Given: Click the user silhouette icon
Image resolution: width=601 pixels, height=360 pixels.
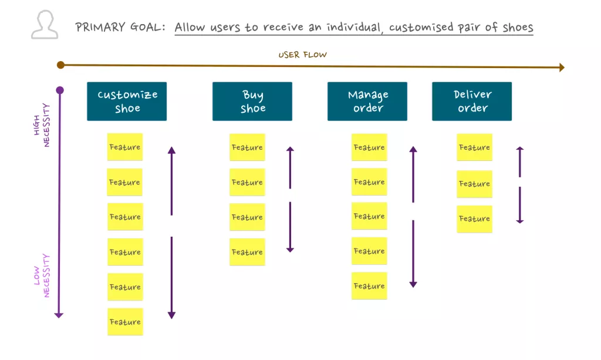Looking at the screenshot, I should (x=44, y=25).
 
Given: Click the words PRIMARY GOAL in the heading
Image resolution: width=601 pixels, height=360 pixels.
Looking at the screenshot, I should (x=121, y=28).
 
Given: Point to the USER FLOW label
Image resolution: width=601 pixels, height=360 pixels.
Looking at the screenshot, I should (x=302, y=55).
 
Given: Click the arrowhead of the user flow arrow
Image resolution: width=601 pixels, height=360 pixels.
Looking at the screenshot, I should (x=561, y=68).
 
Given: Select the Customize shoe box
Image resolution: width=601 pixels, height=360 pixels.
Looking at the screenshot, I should (x=127, y=101).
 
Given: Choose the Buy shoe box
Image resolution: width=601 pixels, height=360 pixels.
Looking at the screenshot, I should (x=252, y=101).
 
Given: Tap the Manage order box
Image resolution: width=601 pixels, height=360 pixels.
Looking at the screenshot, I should (x=367, y=101).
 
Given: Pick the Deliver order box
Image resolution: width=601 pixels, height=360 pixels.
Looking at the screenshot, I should (x=472, y=101).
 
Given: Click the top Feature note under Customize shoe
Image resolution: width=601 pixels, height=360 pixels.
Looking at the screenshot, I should (x=124, y=147).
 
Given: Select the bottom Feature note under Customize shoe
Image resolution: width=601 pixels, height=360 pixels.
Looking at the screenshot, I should (x=125, y=322).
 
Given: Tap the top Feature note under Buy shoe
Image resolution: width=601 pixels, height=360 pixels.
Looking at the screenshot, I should (x=247, y=147).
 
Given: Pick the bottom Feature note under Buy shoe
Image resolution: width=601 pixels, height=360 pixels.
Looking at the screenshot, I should (x=247, y=252).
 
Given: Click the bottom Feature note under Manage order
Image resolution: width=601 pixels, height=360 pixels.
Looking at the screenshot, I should (x=369, y=286).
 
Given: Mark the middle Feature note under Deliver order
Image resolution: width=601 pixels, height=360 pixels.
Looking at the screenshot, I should (x=474, y=184).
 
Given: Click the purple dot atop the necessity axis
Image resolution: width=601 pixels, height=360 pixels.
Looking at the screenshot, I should (x=59, y=90).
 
